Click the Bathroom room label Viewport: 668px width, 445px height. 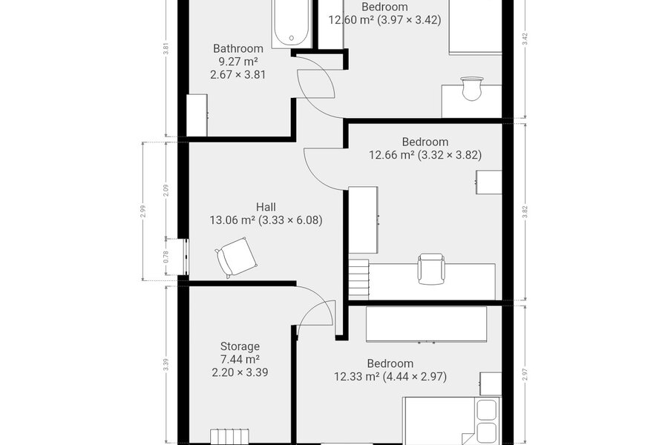[x=238, y=48]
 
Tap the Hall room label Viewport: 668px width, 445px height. [x=266, y=208]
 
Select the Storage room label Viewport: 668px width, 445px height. [x=240, y=346]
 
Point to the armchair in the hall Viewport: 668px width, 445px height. [x=236, y=257]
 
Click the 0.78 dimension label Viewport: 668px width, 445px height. [x=166, y=257]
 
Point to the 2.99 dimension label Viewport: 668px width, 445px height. [x=143, y=211]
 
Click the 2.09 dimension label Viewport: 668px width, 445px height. [x=166, y=191]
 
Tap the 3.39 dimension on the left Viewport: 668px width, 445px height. [x=166, y=365]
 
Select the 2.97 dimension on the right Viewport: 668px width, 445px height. [x=525, y=375]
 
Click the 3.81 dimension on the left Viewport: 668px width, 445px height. [x=166, y=50]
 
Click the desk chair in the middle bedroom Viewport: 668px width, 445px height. [x=431, y=268]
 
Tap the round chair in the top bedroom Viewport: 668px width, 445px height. [x=471, y=88]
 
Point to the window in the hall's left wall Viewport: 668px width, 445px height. [x=186, y=257]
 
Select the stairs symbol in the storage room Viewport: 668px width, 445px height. [x=229, y=437]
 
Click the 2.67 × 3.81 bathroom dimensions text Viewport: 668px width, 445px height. [x=238, y=75]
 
